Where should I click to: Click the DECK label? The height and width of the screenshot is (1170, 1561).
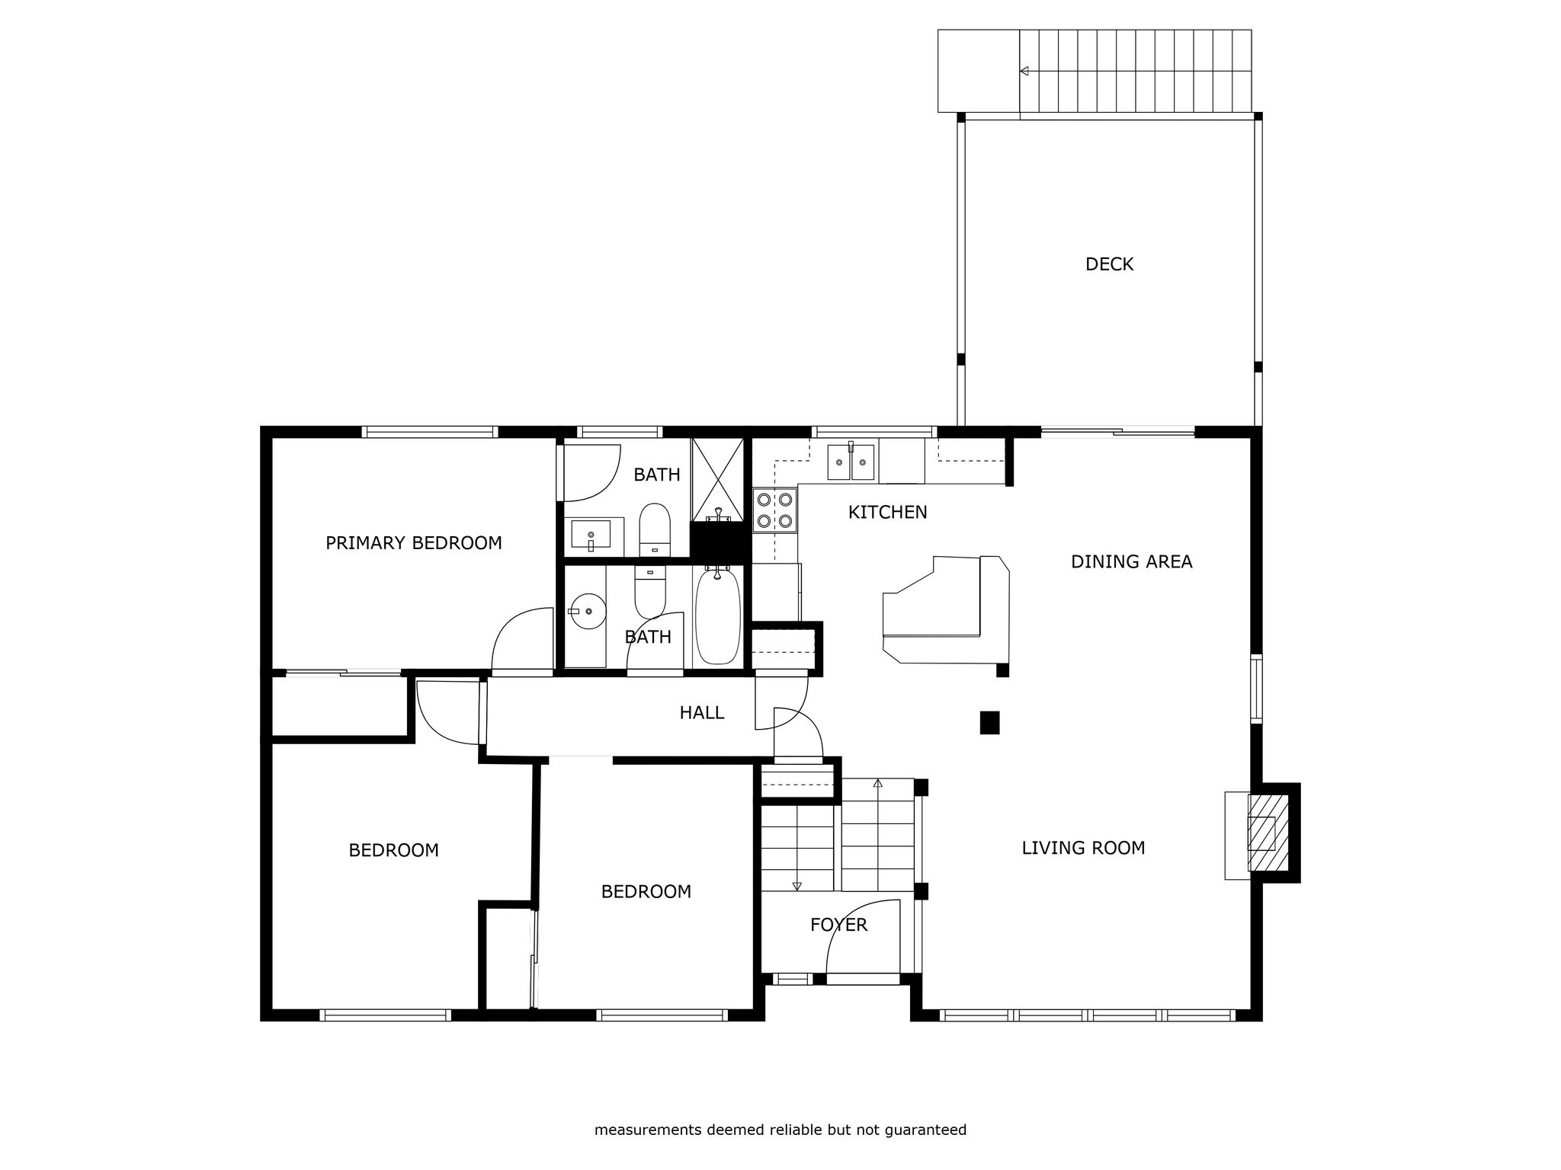pos(1109,264)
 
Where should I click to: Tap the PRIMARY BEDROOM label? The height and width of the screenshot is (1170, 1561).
pos(414,543)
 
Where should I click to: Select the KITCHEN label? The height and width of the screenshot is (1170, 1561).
pos(888,513)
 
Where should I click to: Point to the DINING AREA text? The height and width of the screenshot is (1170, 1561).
pos(1131,562)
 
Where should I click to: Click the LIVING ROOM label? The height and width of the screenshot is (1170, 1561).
pos(1083,848)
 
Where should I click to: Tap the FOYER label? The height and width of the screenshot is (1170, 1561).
pos(838,925)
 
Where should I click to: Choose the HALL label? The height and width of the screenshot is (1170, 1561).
pos(702,713)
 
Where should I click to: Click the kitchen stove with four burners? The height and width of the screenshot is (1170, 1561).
pos(774,510)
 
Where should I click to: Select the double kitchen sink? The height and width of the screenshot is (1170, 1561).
pos(851,461)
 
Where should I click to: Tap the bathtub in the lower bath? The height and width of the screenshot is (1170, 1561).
pos(717,616)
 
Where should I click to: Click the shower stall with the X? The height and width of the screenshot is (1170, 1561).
pos(717,479)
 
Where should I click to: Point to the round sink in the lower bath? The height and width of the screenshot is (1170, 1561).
pos(587,611)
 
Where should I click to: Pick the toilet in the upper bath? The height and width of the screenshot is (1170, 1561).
pos(654,529)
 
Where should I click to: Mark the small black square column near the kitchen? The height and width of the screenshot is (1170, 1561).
pos(989,722)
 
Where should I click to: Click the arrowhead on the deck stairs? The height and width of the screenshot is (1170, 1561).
pos(1024,71)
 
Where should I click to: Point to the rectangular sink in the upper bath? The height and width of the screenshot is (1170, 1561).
pos(590,534)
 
